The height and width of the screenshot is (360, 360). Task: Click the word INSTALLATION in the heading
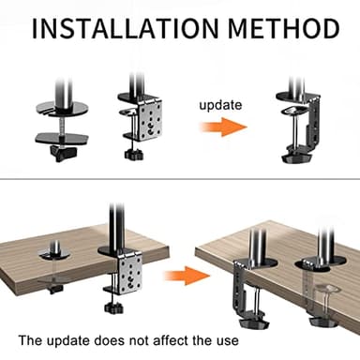[112, 27]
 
